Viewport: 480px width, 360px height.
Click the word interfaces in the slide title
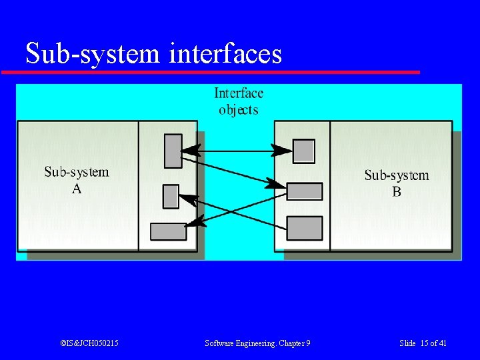point(226,53)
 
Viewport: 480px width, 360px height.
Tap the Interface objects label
point(238,101)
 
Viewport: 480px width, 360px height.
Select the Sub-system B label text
point(397,183)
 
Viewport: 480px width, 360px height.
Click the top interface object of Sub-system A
point(173,151)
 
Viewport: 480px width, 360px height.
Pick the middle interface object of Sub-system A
point(171,196)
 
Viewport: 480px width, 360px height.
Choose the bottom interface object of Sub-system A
point(168,231)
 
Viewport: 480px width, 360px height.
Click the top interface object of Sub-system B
point(304,151)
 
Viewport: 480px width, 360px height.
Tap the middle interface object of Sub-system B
point(305,191)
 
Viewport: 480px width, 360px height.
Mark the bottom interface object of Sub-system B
point(304,228)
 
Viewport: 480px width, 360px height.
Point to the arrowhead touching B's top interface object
point(284,150)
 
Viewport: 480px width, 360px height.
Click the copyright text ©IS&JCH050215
point(89,343)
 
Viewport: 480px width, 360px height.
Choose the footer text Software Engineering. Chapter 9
point(257,343)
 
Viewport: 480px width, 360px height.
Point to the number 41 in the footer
point(443,343)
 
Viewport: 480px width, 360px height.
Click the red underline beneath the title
point(211,71)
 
